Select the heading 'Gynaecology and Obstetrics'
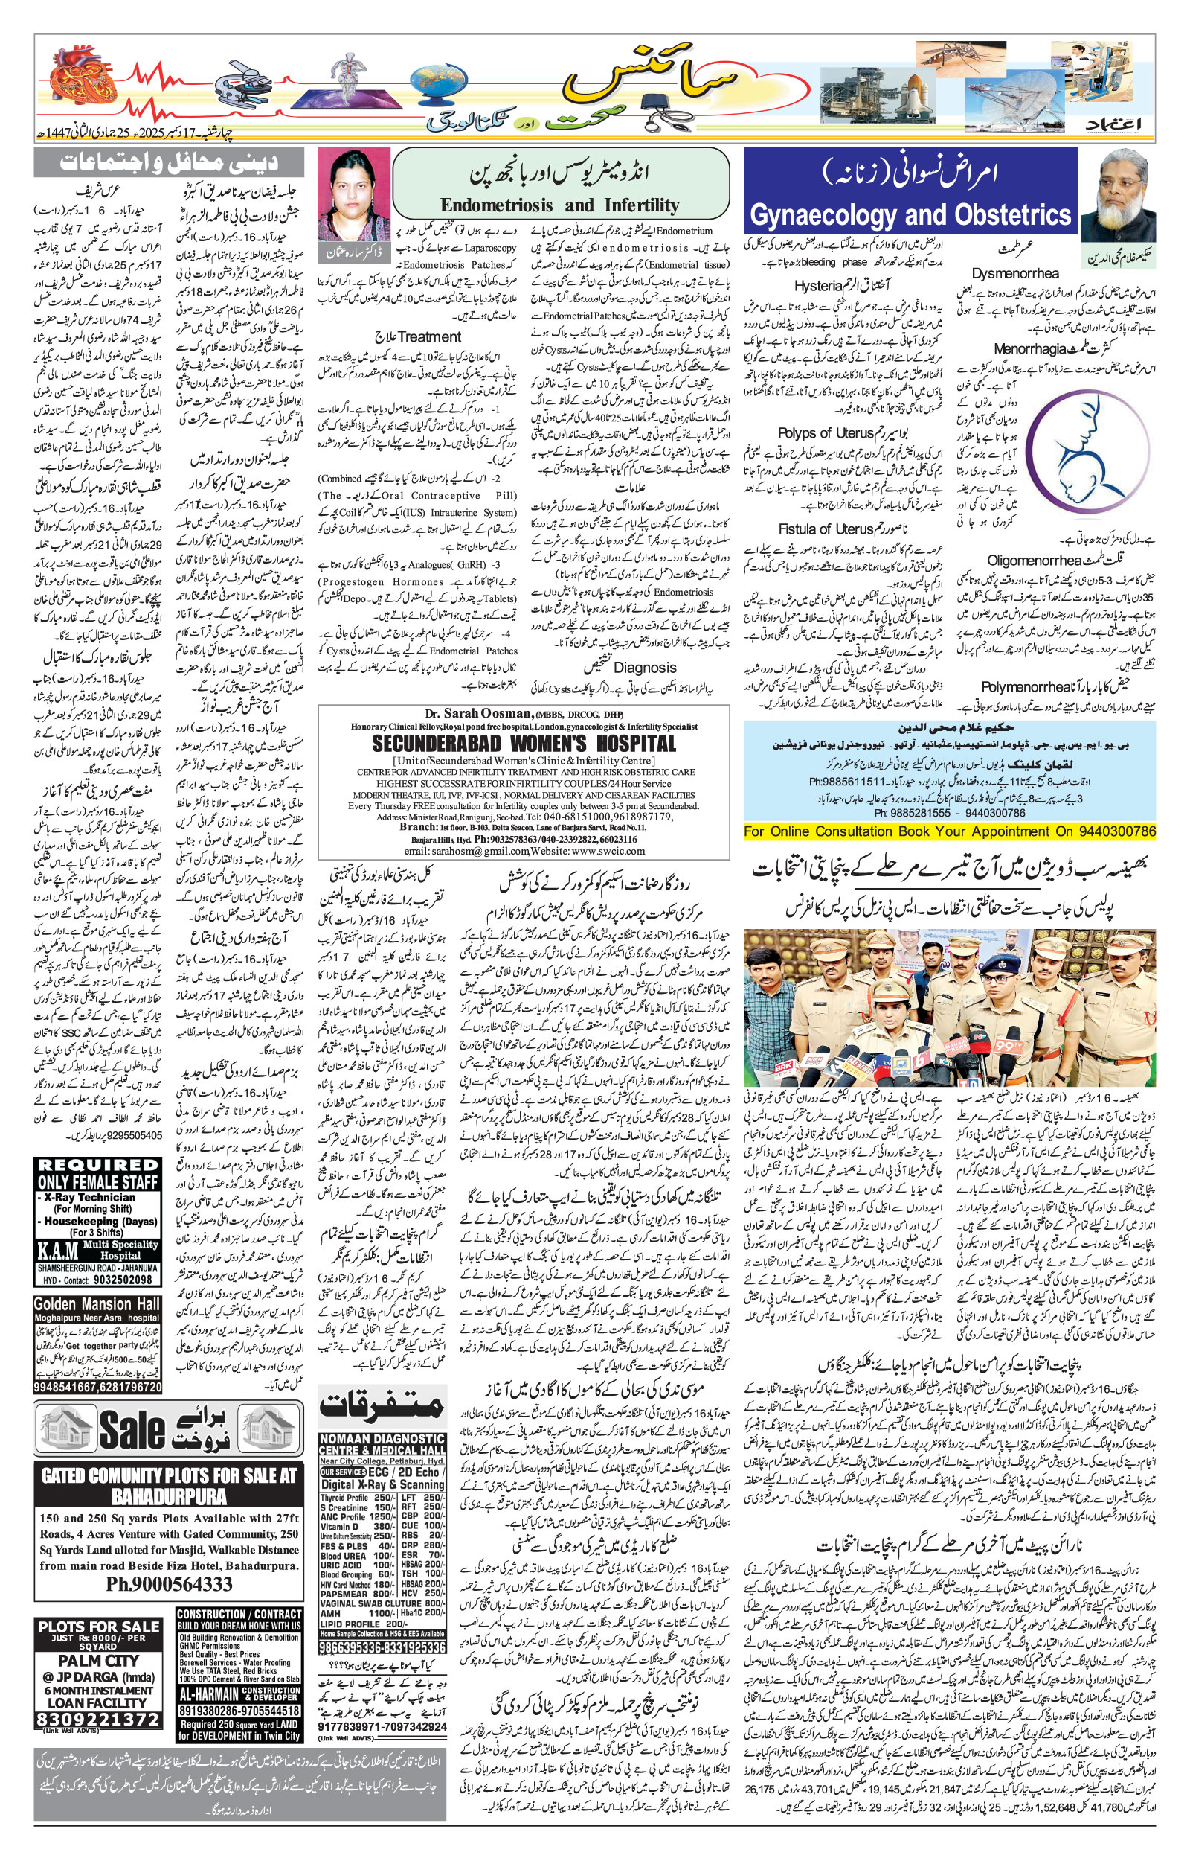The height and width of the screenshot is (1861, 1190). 911,214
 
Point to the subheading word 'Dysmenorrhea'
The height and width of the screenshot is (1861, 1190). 1014,274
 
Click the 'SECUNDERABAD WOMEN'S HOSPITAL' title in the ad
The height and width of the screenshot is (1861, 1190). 524,744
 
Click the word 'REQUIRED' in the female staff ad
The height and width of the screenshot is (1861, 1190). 97,1164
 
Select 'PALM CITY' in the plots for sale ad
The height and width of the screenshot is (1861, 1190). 98,1660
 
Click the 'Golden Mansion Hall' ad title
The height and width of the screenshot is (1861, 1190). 97,1304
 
